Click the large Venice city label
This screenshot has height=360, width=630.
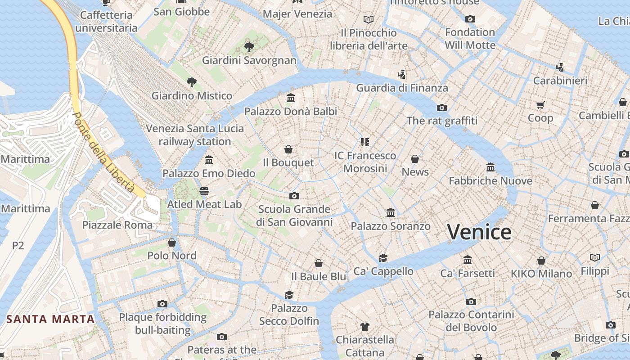coord(479,232)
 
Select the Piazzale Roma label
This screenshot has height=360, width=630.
coord(117,225)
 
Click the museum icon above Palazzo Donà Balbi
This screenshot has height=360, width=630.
coord(291,98)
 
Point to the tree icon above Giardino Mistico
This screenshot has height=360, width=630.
coord(192,82)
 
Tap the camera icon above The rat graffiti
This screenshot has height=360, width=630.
coord(442,108)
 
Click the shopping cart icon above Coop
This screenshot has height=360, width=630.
coord(540,105)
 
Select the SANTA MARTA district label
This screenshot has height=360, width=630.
coord(51,319)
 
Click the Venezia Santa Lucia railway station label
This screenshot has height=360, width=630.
coord(195,135)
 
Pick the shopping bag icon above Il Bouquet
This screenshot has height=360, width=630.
coord(288,149)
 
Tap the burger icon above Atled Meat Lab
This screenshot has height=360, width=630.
coord(204,191)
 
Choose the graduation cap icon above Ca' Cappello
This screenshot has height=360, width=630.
coord(383,258)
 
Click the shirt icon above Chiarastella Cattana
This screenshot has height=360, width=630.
coord(365,326)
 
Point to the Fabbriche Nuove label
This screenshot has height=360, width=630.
coord(490,181)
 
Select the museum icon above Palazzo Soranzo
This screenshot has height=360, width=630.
coord(391,212)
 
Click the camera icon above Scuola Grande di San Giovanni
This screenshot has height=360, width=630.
coord(294,196)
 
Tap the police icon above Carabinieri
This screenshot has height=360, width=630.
coord(560,67)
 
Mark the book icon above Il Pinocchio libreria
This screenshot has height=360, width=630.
coord(369,19)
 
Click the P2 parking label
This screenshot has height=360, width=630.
coord(18,246)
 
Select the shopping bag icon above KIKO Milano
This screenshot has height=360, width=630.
coord(541,261)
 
